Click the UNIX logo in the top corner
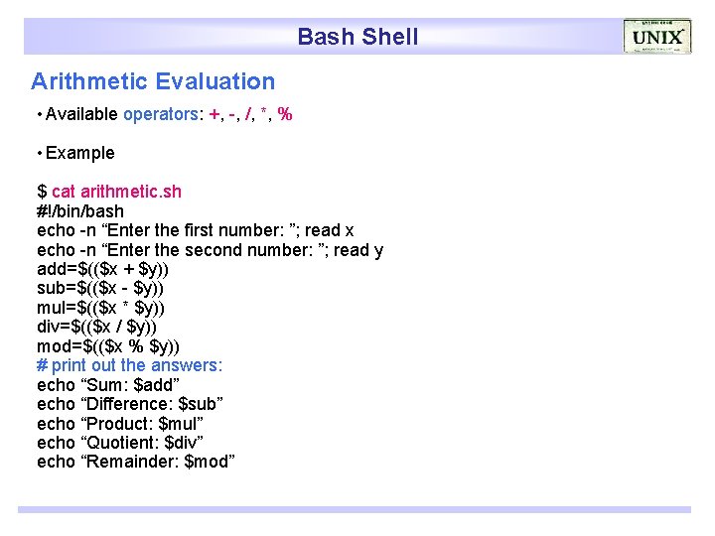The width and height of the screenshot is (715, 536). coord(656,37)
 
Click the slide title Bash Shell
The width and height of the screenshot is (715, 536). coord(357,38)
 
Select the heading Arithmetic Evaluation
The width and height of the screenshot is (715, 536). coord(153,81)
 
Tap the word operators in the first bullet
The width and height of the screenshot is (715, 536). coord(161,114)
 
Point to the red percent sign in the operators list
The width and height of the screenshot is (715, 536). coord(285,114)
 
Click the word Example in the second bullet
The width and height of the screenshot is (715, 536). coord(79,153)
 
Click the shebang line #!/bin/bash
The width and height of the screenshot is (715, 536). coord(80,210)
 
